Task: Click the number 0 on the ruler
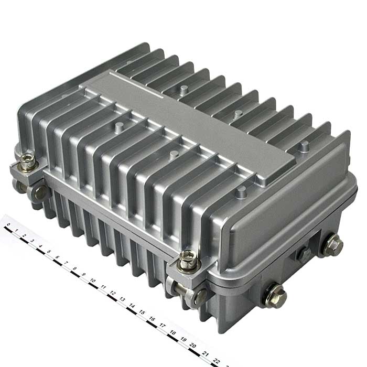coord(8,225)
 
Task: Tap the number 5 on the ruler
coord(49,251)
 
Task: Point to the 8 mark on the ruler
coord(74,268)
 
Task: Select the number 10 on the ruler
coord(93,280)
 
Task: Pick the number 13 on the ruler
coord(122,299)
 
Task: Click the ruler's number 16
coord(152,319)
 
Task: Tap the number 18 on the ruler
coord(172,332)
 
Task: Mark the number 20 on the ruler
coord(193,345)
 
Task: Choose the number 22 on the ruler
coord(217,361)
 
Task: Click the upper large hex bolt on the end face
coord(332,245)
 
